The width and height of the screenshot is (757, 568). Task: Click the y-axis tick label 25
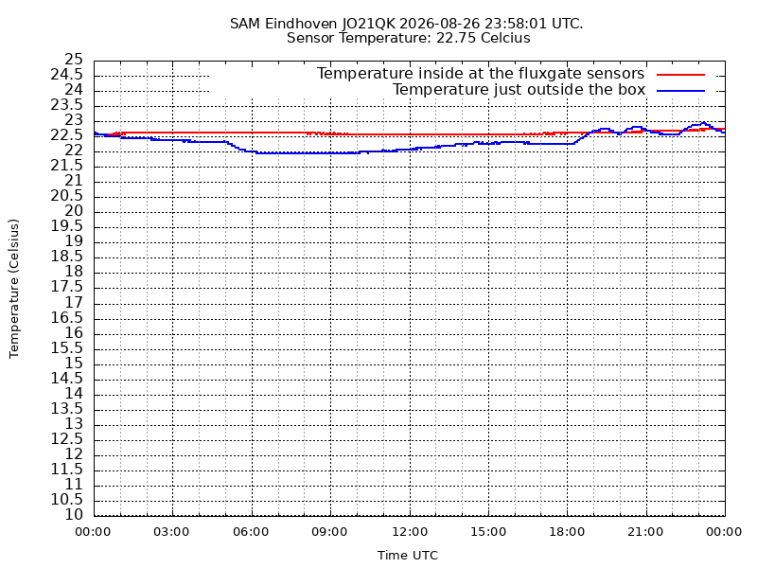74,60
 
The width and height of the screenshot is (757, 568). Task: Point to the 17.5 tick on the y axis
67,288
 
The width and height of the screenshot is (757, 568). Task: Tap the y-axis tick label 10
74,515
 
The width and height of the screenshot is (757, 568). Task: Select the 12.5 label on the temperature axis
67,439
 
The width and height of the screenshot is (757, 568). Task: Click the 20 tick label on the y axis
74,211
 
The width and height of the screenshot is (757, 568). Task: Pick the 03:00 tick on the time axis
171,532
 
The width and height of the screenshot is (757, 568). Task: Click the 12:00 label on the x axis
410,532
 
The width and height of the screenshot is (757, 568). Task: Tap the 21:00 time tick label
646,532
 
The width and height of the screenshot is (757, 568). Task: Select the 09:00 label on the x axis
329,532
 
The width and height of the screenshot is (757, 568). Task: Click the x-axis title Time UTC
408,556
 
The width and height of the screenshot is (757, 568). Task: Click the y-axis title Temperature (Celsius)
13,289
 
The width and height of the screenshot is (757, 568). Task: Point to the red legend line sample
680,75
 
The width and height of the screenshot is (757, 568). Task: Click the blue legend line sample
680,91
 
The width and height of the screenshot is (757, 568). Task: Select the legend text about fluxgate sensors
481,74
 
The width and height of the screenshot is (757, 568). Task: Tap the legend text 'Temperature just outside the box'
519,90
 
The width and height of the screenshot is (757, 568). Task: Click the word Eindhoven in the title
301,23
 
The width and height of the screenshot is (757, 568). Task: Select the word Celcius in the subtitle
505,38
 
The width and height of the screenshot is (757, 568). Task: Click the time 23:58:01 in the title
515,23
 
